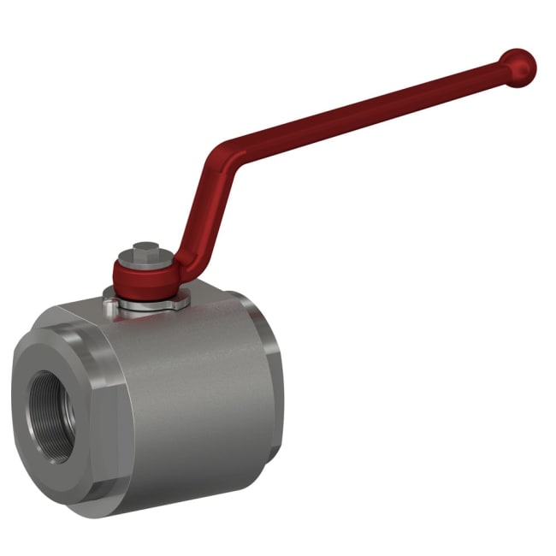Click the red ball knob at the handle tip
coord(518,65)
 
